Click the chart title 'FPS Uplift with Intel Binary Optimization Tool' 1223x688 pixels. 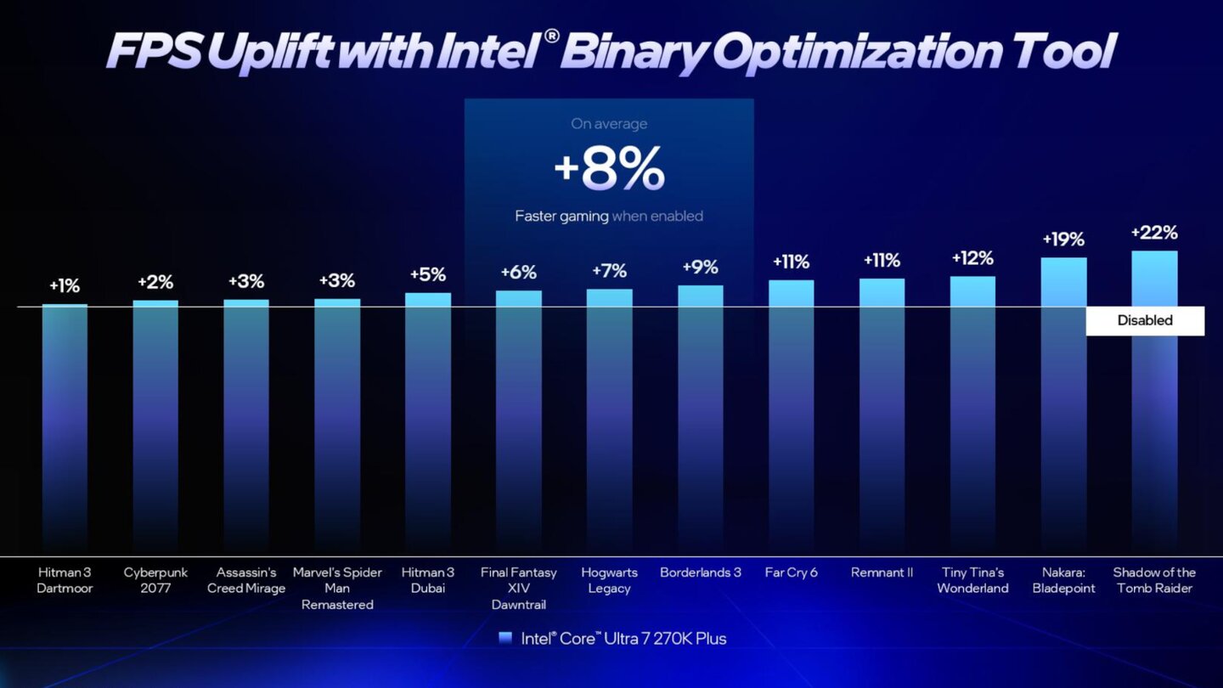(610, 52)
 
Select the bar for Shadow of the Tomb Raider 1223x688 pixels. (1154, 425)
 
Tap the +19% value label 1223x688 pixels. (1063, 240)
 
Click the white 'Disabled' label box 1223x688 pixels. (1145, 320)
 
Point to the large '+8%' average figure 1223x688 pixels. (609, 170)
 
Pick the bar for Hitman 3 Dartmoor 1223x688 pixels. (65, 425)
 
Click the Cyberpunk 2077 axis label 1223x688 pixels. (155, 580)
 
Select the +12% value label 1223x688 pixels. (972, 258)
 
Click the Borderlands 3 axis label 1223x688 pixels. (700, 572)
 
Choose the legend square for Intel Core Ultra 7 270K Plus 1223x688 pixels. (505, 638)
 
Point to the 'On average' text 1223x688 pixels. (609, 124)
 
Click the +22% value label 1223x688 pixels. (1154, 233)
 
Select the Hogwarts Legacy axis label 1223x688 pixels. (609, 580)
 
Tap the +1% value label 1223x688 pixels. (65, 285)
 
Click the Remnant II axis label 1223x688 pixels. (882, 572)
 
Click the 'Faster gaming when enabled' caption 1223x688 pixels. (609, 217)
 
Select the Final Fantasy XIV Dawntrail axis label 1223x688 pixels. (519, 588)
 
